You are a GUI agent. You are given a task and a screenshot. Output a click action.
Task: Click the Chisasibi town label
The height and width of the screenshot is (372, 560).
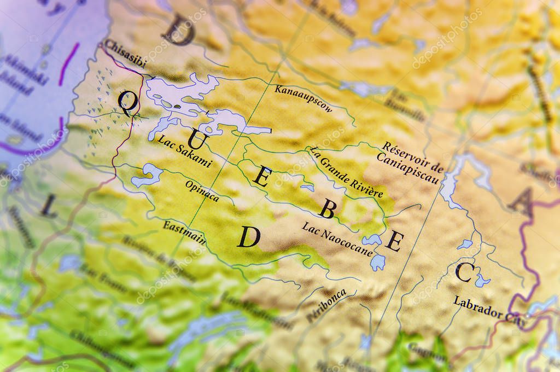(125, 54)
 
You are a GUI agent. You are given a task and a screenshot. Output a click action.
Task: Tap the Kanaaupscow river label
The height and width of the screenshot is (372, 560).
(303, 98)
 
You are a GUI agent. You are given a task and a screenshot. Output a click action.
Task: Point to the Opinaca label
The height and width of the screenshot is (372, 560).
(202, 191)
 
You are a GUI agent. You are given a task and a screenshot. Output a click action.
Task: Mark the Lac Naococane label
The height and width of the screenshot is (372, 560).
(337, 239)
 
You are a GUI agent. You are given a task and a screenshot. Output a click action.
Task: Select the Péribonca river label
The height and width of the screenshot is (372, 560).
(326, 305)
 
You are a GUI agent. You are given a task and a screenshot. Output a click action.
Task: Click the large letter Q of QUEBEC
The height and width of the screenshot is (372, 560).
(126, 102)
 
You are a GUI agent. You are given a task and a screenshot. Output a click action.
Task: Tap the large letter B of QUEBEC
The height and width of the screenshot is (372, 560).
(326, 208)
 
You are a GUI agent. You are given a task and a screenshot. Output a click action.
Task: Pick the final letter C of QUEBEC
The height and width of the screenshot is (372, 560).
(463, 272)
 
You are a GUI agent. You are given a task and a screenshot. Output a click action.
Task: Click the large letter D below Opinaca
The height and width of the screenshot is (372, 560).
(248, 237)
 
